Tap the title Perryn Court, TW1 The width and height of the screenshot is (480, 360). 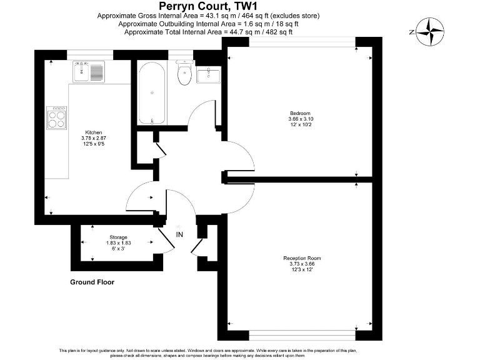[209, 6]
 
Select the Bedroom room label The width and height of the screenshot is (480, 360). [299, 112]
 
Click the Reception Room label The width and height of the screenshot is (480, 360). [302, 257]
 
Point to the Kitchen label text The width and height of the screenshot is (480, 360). [94, 132]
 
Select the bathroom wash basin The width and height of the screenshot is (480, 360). [208, 76]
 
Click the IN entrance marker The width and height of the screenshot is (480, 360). [180, 234]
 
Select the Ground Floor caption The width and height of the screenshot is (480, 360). [92, 282]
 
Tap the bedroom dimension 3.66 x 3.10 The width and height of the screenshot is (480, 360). [299, 119]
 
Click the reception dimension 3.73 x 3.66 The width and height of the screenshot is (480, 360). [302, 264]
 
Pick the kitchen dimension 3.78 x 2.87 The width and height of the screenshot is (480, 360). [94, 138]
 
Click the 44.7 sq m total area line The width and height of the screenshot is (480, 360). [209, 31]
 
